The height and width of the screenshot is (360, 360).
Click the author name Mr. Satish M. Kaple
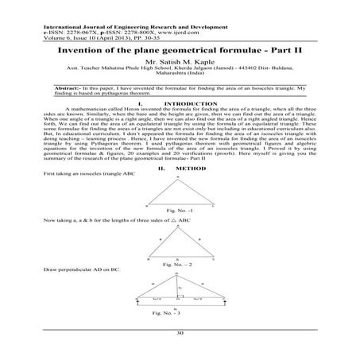[180, 60]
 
